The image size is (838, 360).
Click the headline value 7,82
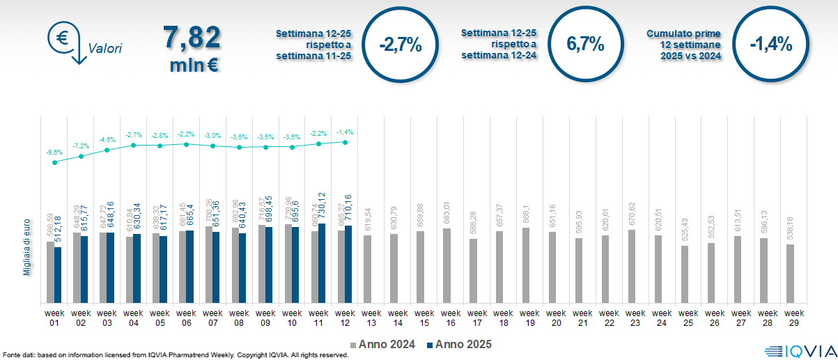[192, 38]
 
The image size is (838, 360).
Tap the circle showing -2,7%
[401, 45]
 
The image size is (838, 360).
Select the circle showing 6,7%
[585, 45]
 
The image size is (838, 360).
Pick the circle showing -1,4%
[771, 45]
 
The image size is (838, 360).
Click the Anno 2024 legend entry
[382, 345]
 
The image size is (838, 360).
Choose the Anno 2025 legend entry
[459, 345]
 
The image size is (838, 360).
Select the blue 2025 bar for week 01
[58, 275]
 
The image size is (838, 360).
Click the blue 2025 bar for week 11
[321, 253]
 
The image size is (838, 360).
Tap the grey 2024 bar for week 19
[527, 265]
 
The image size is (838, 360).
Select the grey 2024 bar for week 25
[685, 274]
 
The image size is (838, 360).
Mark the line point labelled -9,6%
[54, 162]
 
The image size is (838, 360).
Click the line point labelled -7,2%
[81, 156]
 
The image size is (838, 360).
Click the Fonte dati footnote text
[174, 355]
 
